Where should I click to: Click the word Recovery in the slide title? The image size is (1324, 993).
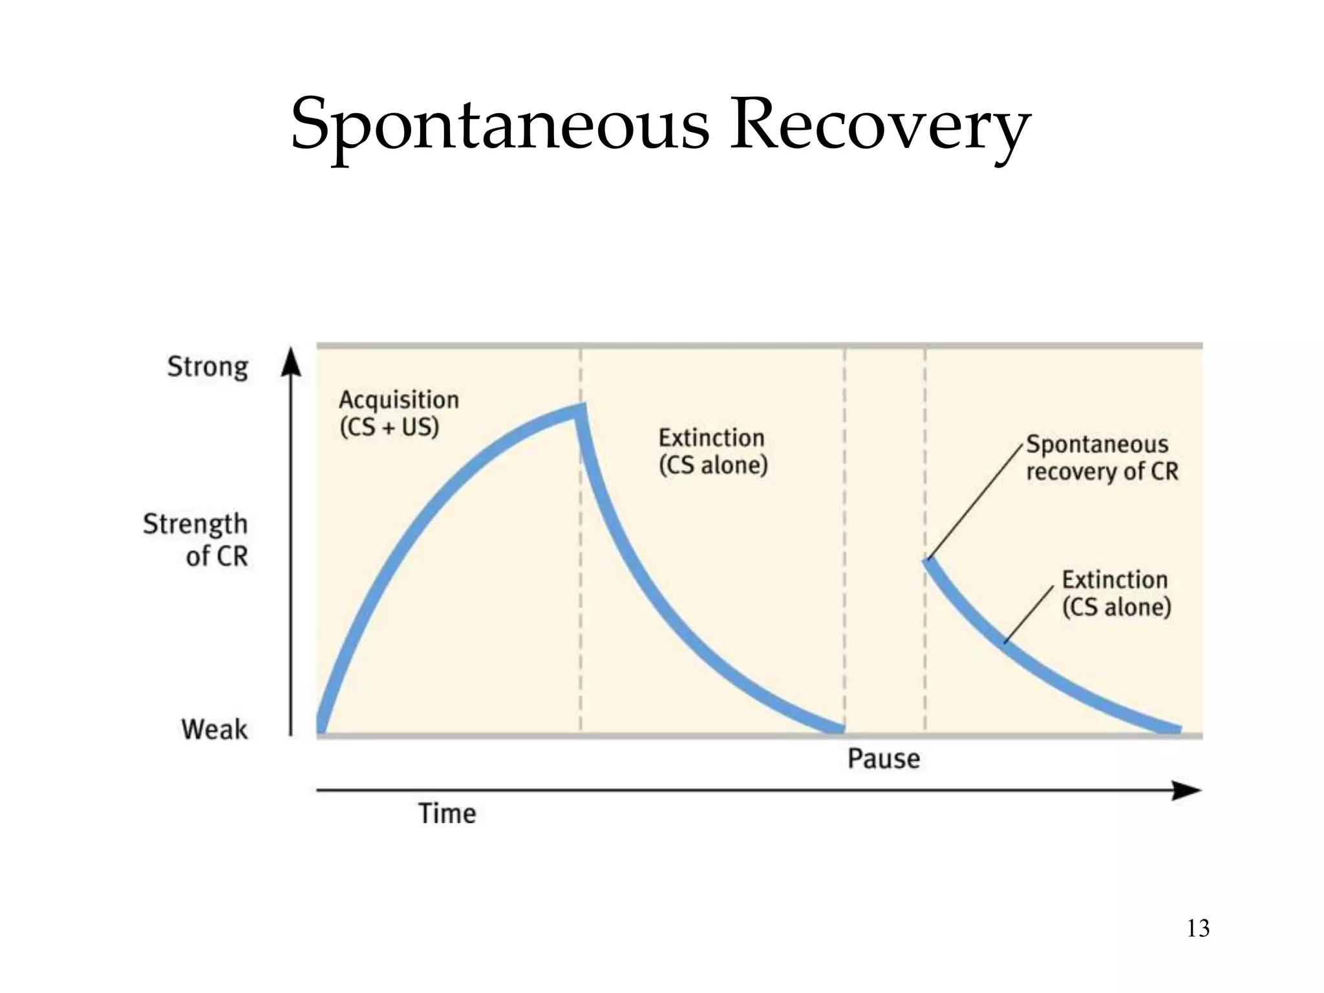coord(879,124)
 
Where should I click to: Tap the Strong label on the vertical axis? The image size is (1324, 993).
coord(208,367)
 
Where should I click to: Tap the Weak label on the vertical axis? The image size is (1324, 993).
coord(214,729)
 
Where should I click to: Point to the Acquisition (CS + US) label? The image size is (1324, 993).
coord(398,413)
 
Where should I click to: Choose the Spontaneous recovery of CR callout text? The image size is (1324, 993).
coord(1102,458)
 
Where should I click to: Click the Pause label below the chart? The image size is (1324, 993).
coord(883,758)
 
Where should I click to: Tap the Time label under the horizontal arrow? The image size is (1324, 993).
coord(447,813)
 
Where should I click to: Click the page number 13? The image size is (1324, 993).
coord(1198,928)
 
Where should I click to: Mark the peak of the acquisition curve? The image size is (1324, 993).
coord(581,410)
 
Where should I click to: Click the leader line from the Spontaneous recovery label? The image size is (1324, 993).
coord(976,501)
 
